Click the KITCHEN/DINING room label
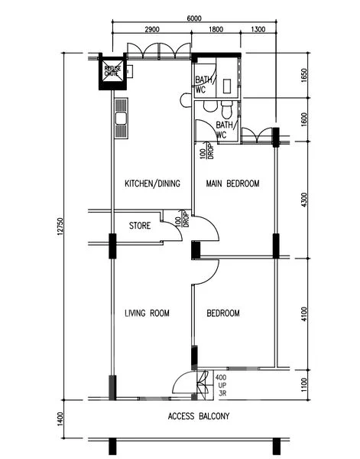(151, 184)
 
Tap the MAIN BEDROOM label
(233, 184)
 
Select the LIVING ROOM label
(147, 313)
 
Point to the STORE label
(139, 226)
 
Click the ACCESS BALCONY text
(198, 417)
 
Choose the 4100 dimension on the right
(303, 313)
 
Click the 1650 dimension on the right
(303, 76)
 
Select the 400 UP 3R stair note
(220, 386)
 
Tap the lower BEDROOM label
(223, 313)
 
